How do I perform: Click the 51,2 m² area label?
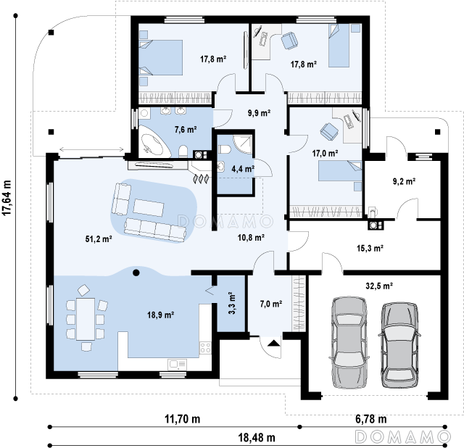(99, 238)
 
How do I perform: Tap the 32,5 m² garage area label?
(379, 286)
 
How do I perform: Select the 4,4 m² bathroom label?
(243, 169)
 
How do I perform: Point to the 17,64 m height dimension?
(7, 198)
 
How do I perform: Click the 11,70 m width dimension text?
(182, 419)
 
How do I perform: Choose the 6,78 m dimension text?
(370, 419)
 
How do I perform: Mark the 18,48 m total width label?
(257, 437)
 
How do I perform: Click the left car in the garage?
(349, 342)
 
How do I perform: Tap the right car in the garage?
(399, 345)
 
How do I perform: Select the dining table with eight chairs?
(86, 319)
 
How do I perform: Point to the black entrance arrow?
(274, 344)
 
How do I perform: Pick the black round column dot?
(136, 273)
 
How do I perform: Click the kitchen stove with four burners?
(205, 347)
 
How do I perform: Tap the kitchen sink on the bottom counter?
(177, 365)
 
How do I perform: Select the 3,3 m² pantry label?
(232, 303)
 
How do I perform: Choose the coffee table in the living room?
(148, 208)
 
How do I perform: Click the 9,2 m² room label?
(404, 181)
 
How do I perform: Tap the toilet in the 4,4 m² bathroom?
(224, 149)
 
